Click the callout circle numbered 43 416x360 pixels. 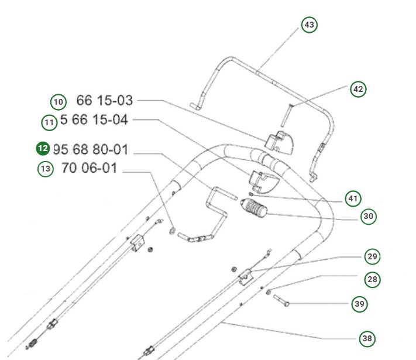pyautogui.click(x=309, y=25)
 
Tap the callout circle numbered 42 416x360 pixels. pyautogui.click(x=358, y=89)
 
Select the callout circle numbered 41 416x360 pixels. pyautogui.click(x=352, y=199)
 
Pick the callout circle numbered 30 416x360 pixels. pyautogui.click(x=368, y=217)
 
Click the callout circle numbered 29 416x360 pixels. pyautogui.click(x=372, y=256)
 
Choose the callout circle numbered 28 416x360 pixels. pyautogui.click(x=372, y=279)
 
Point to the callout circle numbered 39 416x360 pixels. pyautogui.click(x=359, y=304)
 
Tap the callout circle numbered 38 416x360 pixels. pyautogui.click(x=367, y=338)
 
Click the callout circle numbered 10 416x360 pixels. pyautogui.click(x=58, y=102)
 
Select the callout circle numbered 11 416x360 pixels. pyautogui.click(x=49, y=122)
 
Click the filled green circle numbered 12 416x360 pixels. pyautogui.click(x=43, y=149)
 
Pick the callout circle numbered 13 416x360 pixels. pyautogui.click(x=46, y=169)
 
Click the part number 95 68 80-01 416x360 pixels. pyautogui.click(x=90, y=149)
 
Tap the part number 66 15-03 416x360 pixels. pyautogui.click(x=105, y=101)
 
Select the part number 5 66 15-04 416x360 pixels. pyautogui.click(x=94, y=121)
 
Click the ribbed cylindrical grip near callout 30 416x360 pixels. pyautogui.click(x=254, y=208)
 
